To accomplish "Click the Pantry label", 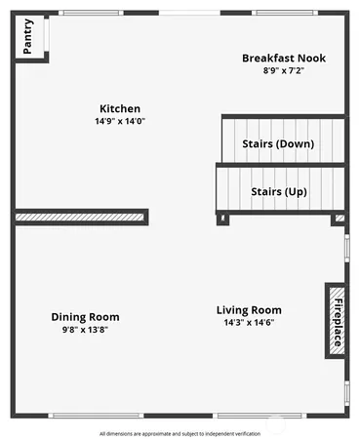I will point(27,37).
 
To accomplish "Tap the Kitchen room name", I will point(120,108).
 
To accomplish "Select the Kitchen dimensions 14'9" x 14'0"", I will point(120,121).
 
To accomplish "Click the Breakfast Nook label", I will point(284,59).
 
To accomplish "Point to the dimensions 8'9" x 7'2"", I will point(284,71).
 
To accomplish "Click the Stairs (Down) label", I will point(278,144).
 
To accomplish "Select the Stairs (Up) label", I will point(279,191).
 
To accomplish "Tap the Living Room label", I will point(249,310).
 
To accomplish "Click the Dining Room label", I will point(85,317).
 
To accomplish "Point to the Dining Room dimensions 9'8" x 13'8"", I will point(85,330).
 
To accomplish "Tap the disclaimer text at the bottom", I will point(180,432).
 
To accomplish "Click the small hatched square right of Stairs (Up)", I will point(340,219).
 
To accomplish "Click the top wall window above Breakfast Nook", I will point(283,12).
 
